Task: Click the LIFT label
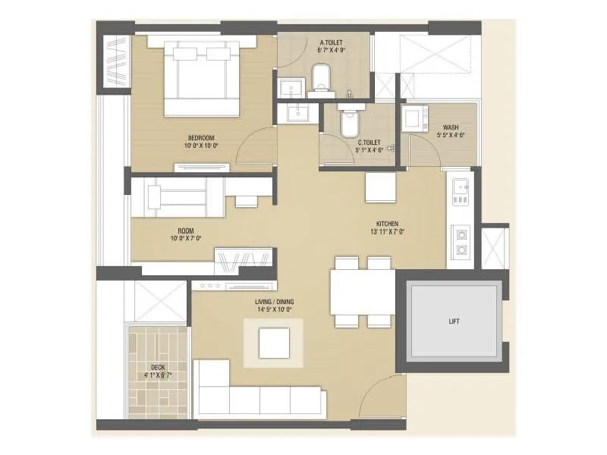click(454, 321)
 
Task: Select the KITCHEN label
click(388, 224)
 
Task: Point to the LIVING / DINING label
click(274, 302)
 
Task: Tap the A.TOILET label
click(332, 42)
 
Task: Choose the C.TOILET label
click(370, 141)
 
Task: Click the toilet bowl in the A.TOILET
click(322, 77)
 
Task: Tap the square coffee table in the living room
click(273, 342)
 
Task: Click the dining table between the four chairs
click(362, 291)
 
